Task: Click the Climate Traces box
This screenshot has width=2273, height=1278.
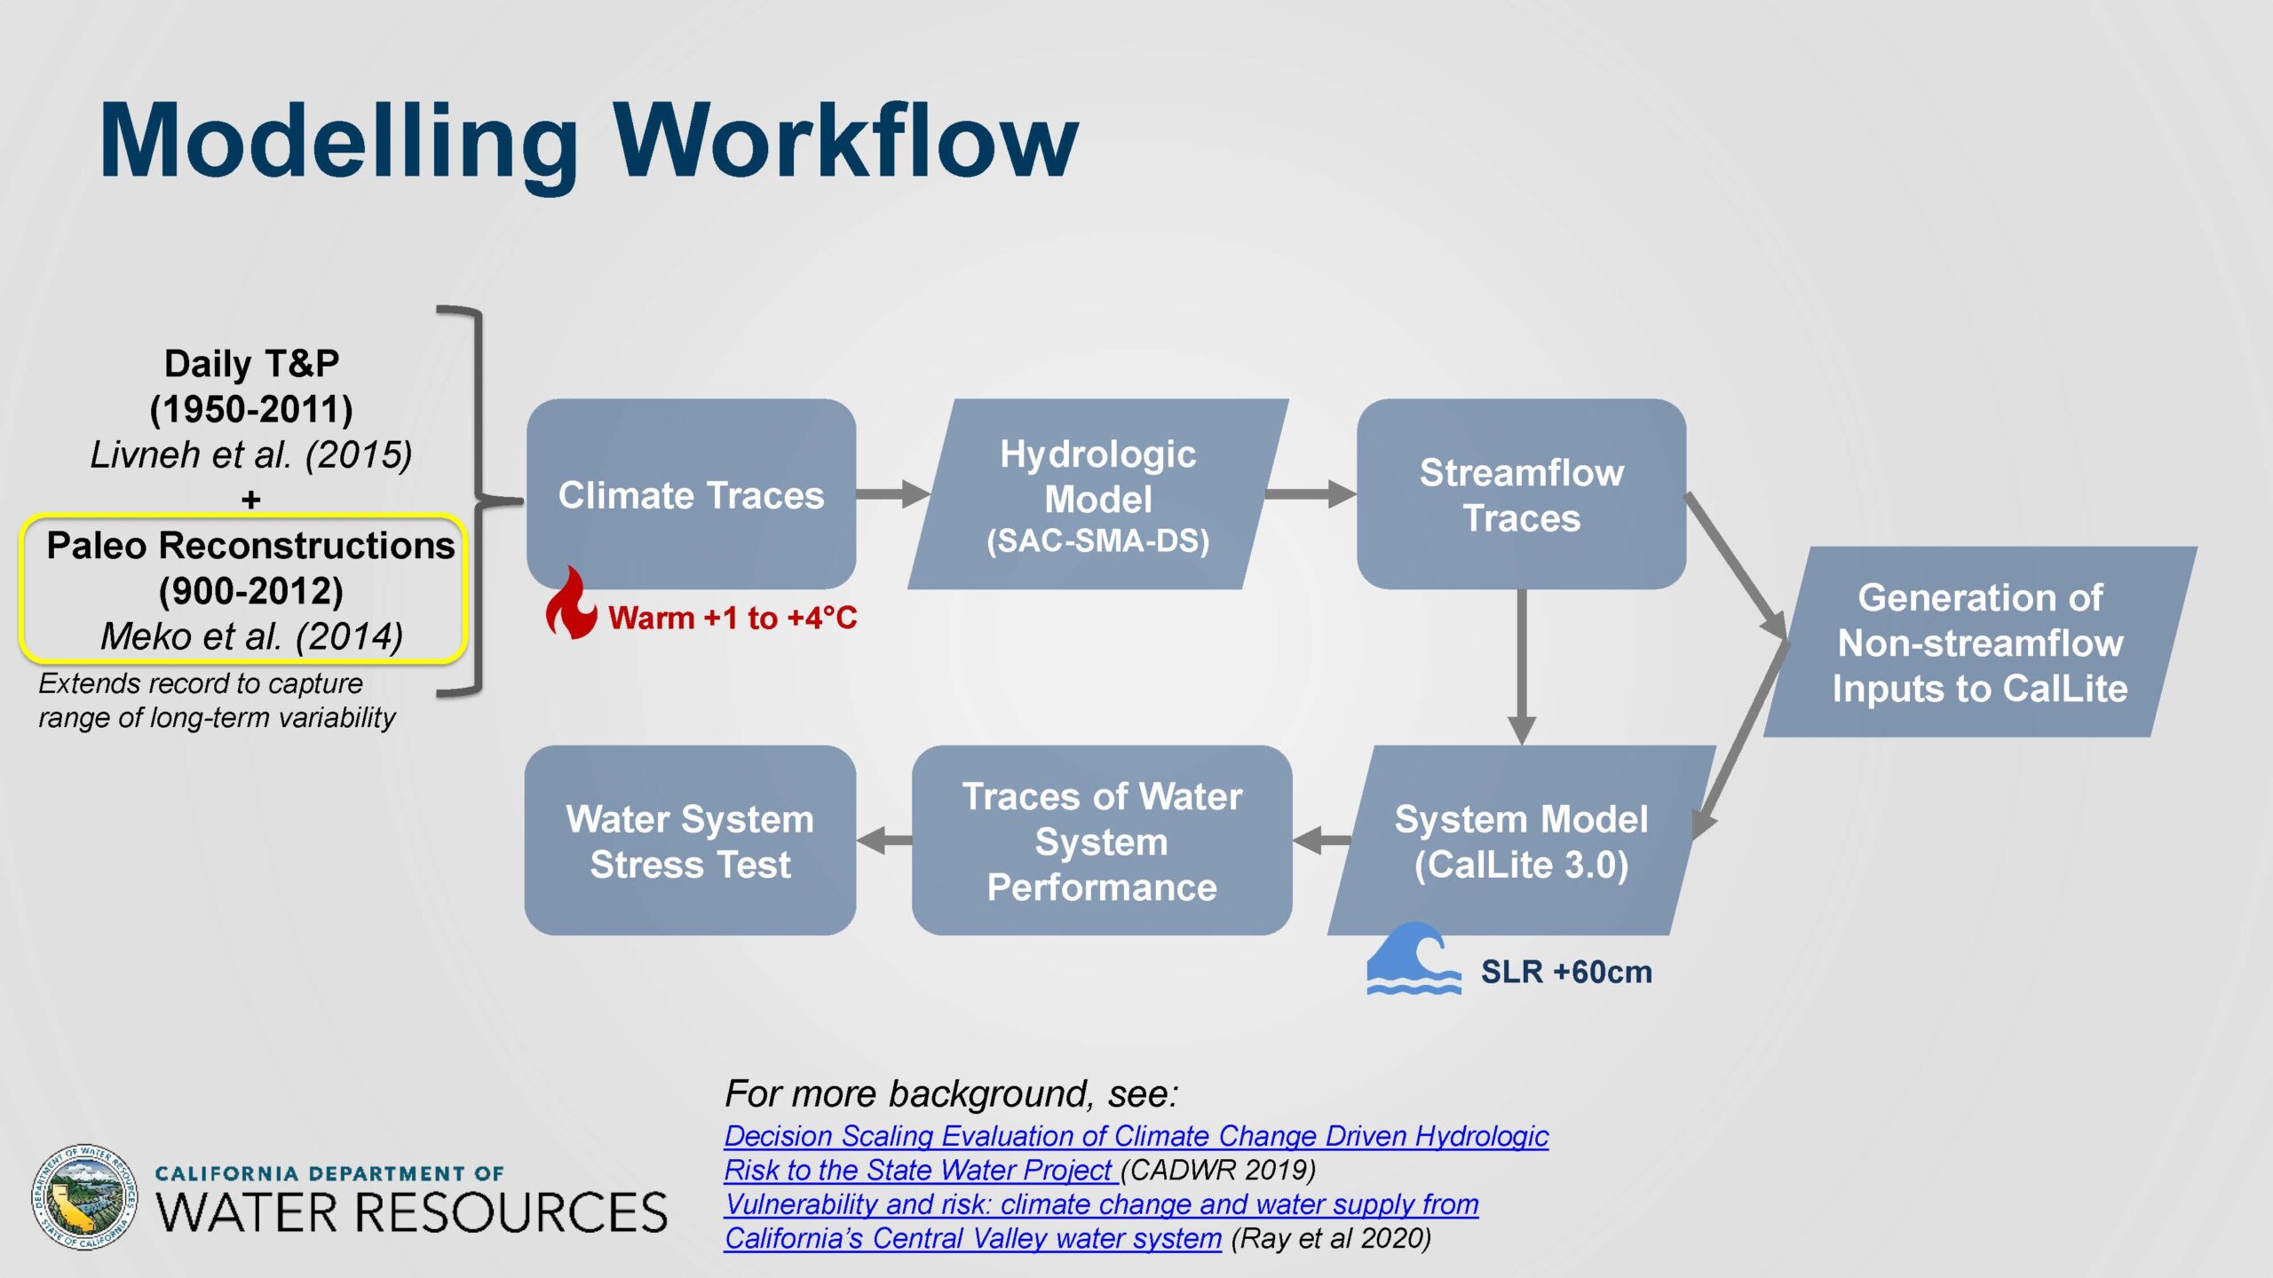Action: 691,493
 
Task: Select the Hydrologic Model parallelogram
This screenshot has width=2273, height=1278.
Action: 1098,493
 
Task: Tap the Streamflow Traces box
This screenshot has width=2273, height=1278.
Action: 1521,493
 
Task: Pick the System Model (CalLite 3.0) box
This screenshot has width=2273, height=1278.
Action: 1521,840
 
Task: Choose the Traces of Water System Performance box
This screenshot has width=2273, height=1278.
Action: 1102,840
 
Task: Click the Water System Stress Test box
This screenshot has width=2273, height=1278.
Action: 690,840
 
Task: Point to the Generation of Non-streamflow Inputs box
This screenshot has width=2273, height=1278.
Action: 1980,642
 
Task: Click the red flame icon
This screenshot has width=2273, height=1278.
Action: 571,603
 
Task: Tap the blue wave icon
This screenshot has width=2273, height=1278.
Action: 1414,958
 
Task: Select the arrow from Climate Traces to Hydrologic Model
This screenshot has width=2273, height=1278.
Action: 892,493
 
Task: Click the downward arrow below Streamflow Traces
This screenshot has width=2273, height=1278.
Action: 1522,667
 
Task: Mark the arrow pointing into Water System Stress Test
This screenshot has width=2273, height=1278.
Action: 884,840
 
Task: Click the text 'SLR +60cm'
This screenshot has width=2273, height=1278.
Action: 1566,972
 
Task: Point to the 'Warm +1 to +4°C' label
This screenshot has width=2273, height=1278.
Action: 733,618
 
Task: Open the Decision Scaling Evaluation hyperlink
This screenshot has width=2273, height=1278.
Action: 1136,1153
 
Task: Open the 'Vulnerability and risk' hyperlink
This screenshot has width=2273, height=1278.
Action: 1102,1221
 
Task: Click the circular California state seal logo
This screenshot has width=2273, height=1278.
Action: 85,1197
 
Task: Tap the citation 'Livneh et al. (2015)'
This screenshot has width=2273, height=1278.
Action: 251,454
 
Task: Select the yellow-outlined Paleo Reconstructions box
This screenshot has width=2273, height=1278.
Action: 243,589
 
